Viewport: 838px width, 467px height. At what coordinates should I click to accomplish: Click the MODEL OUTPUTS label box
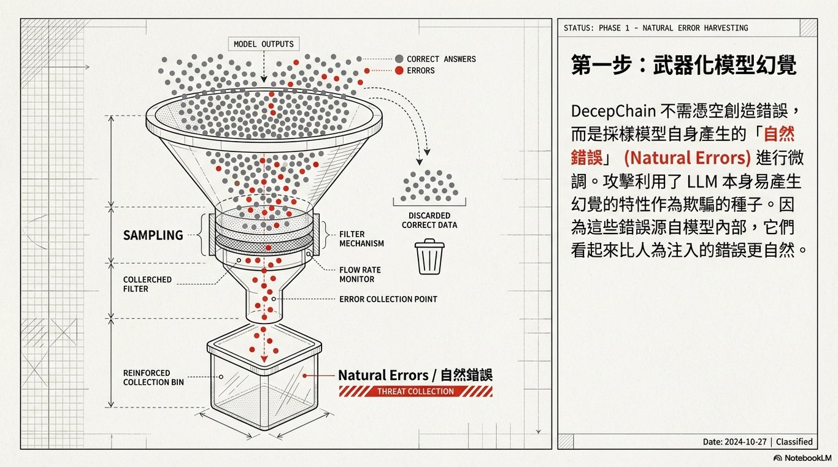point(264,44)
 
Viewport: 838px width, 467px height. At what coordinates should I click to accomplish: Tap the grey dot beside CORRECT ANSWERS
point(399,59)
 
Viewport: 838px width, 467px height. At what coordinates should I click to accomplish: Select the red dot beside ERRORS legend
point(399,70)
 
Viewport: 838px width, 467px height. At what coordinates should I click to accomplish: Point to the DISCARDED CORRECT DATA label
point(429,220)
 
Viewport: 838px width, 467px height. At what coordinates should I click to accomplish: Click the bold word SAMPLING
point(153,235)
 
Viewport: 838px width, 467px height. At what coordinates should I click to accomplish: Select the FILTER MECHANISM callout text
point(361,238)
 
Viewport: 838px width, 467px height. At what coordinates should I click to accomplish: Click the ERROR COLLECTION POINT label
point(388,300)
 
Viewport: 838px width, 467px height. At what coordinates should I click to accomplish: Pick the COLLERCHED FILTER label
point(147,284)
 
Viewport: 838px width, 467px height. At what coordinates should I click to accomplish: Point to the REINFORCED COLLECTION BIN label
point(153,378)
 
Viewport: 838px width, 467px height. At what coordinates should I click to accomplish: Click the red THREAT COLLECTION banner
point(415,392)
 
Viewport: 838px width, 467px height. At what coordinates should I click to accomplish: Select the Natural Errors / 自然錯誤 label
point(415,375)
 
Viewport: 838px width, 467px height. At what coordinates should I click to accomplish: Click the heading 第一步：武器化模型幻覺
point(683,64)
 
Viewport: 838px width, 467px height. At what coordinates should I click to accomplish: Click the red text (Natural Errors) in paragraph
point(687,158)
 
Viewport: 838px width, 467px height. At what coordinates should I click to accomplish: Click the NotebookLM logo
point(802,458)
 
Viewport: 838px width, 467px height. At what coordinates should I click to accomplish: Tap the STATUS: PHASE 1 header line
point(655,28)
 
